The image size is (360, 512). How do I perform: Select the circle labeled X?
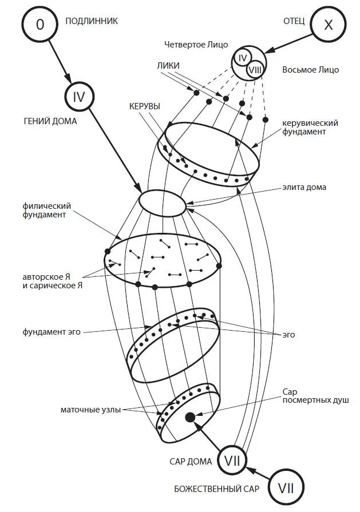pyautogui.click(x=327, y=24)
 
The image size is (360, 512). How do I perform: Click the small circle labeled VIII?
pyautogui.click(x=255, y=69)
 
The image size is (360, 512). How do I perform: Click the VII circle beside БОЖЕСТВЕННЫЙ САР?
pyautogui.click(x=286, y=487)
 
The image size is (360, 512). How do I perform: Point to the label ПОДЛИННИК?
pyautogui.click(x=92, y=21)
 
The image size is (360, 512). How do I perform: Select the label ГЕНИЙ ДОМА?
pyautogui.click(x=50, y=121)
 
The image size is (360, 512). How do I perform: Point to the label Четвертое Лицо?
pyautogui.click(x=196, y=44)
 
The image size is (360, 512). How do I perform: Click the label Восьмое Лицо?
pyautogui.click(x=311, y=70)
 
